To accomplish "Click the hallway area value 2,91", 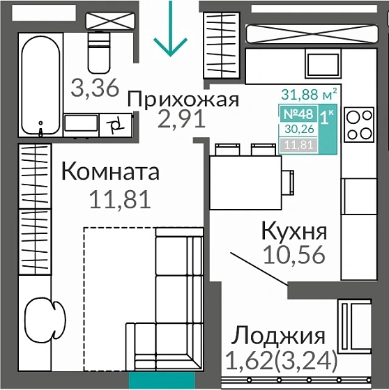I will tap(181, 120).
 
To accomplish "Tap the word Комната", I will tap(111, 171).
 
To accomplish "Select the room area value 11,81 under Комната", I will tap(120, 200).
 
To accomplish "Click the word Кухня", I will tap(293, 230).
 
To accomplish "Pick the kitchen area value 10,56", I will tap(294, 255).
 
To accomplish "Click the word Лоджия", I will tap(279, 336).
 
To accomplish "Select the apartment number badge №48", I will tap(298, 114).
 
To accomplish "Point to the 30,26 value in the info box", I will tap(298, 130).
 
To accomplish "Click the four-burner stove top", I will tap(359, 125).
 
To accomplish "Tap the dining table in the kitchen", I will tap(245, 177).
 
